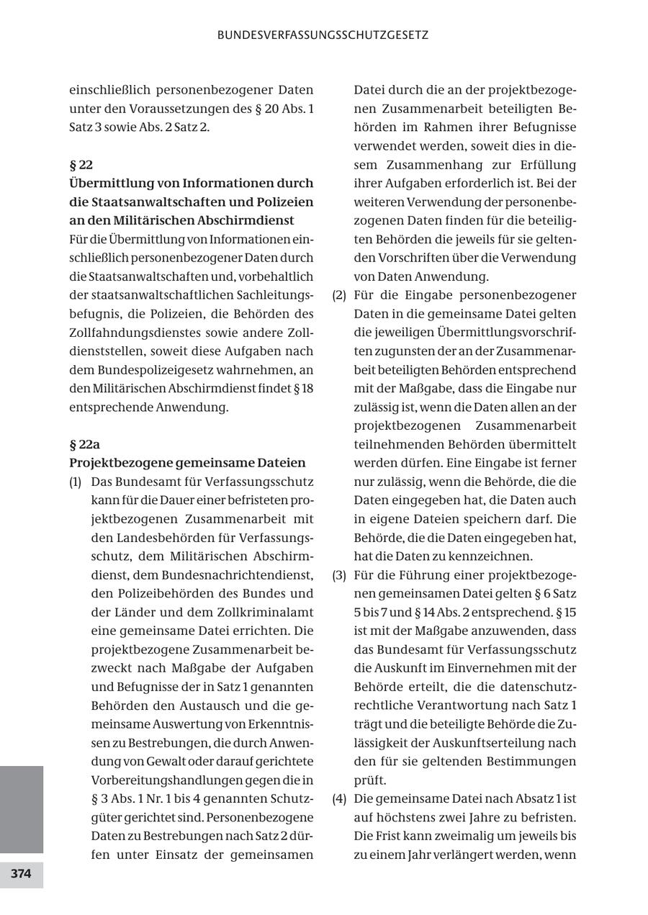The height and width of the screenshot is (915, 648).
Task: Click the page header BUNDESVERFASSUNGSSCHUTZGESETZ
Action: point(323,35)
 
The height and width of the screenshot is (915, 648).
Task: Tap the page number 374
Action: point(21,874)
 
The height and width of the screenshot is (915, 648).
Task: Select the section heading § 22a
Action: point(84,444)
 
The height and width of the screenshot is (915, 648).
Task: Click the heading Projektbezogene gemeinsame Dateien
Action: point(187,463)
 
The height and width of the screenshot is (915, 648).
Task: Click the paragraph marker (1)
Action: point(76,482)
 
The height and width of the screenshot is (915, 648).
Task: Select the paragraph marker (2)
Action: point(339,295)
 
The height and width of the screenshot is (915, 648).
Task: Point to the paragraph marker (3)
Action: point(339,575)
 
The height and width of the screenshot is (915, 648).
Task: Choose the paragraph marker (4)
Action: point(339,799)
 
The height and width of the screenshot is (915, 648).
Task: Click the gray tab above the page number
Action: point(21,809)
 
